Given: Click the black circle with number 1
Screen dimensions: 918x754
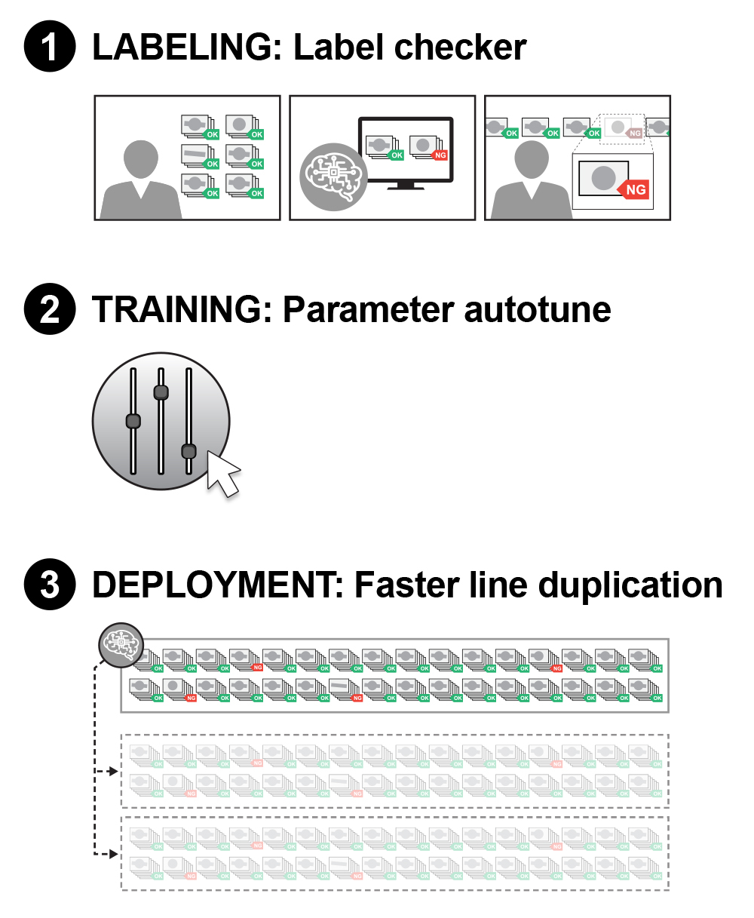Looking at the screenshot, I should [50, 48].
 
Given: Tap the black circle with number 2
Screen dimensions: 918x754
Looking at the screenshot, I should [50, 309].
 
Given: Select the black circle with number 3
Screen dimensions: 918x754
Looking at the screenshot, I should [50, 584].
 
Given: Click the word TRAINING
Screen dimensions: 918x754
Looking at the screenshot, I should [182, 309].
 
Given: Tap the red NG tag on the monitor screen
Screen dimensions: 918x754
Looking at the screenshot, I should [440, 155].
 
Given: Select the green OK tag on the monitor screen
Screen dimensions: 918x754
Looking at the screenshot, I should [397, 155].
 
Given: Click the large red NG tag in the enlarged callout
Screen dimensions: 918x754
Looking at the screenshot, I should [634, 189].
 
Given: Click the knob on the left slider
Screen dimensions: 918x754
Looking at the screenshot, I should [133, 421].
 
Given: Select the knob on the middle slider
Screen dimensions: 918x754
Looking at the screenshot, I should [161, 392].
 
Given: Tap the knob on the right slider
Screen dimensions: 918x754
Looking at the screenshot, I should [188, 451].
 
